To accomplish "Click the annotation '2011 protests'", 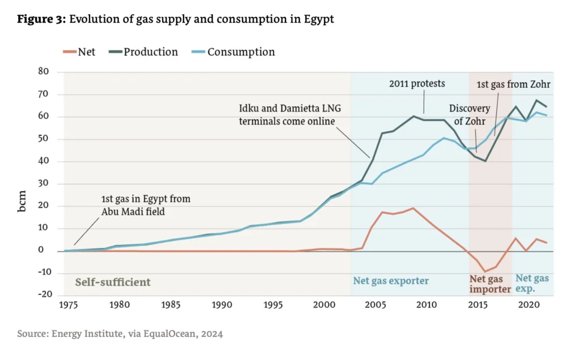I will coord(417,84).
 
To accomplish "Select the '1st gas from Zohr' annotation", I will coord(514,84).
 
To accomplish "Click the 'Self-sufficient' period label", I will coord(113,281).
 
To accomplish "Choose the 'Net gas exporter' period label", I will coord(391,281).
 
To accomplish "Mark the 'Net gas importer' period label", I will coord(489,284).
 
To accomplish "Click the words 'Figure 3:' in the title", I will coord(41,19).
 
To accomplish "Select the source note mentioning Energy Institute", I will coord(120,334).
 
